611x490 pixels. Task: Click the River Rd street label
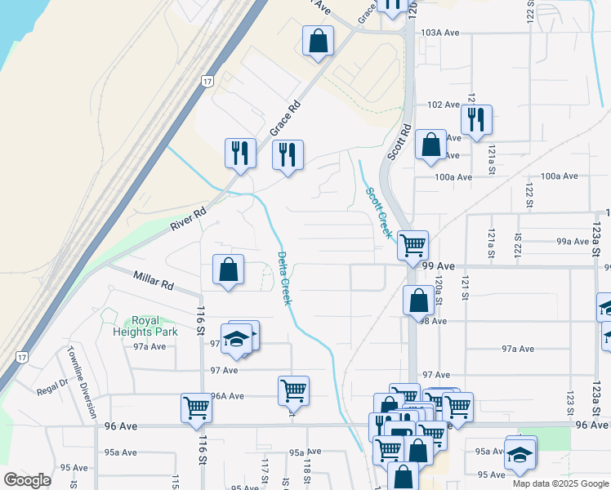pos(188,216)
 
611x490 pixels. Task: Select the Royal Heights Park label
pos(143,327)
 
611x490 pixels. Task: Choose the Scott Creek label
pos(377,212)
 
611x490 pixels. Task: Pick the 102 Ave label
pos(444,105)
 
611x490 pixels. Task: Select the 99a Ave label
pos(573,242)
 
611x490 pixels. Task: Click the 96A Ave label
pos(228,396)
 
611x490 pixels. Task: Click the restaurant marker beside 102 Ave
pos(476,119)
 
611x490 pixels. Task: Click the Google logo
pos(28,480)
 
